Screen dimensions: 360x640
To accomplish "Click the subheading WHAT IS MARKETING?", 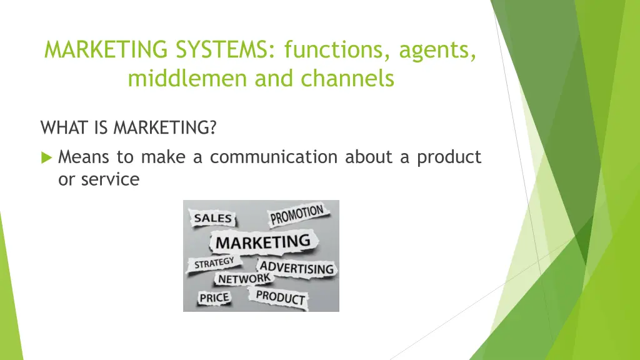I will pos(129,128).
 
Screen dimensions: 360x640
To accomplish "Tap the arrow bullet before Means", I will pos(46,157).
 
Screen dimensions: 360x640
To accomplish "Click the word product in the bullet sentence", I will pos(449,157).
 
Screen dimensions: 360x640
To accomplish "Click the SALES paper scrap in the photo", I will pos(212,219).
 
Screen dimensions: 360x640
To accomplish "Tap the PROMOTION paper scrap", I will pos(296,216).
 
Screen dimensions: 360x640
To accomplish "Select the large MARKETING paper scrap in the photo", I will pos(262,241).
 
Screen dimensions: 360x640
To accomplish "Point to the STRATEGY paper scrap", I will pos(214,262).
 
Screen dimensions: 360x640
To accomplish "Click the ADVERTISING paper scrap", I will pos(296,268).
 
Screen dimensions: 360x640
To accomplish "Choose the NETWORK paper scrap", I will pos(243,279).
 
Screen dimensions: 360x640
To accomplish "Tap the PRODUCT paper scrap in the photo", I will pos(281,297).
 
